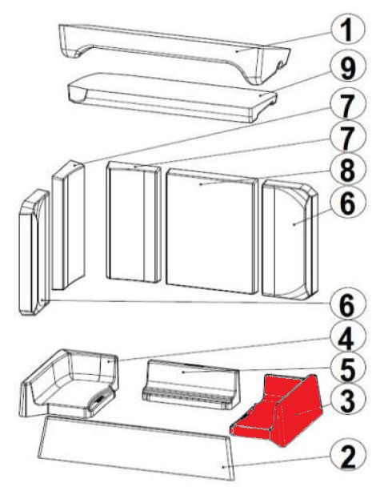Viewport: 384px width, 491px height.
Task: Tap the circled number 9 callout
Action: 347,68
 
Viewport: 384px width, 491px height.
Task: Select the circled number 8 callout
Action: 347,170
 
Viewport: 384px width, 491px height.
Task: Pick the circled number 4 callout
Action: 347,338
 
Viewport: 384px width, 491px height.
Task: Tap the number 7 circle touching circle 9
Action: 347,105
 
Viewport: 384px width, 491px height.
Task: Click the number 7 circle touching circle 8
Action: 347,138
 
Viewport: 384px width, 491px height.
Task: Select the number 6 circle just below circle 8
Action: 347,203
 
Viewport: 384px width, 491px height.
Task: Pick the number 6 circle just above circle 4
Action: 347,304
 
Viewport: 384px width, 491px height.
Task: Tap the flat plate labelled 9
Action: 172,97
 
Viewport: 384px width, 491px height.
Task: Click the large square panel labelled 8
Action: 212,231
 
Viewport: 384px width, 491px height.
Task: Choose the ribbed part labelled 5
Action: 191,384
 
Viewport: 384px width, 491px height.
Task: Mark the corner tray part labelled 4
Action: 70,384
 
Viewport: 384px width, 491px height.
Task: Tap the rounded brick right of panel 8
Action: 290,239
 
